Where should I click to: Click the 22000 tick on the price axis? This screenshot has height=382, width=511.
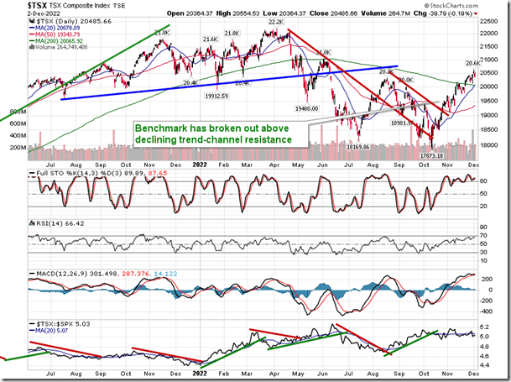[x=491, y=33]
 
